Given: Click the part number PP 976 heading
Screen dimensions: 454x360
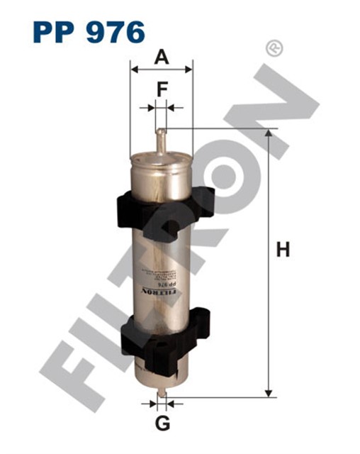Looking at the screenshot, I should coord(88,31).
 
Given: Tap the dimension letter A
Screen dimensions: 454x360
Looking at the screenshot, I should coord(162,57).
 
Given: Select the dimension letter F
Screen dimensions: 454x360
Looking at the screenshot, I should coord(162,91).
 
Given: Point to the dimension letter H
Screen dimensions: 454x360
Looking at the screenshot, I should coord(283,250).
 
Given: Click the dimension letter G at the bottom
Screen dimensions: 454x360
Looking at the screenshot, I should coord(162,424).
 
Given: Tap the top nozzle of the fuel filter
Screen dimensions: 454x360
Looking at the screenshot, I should coord(161,138).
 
